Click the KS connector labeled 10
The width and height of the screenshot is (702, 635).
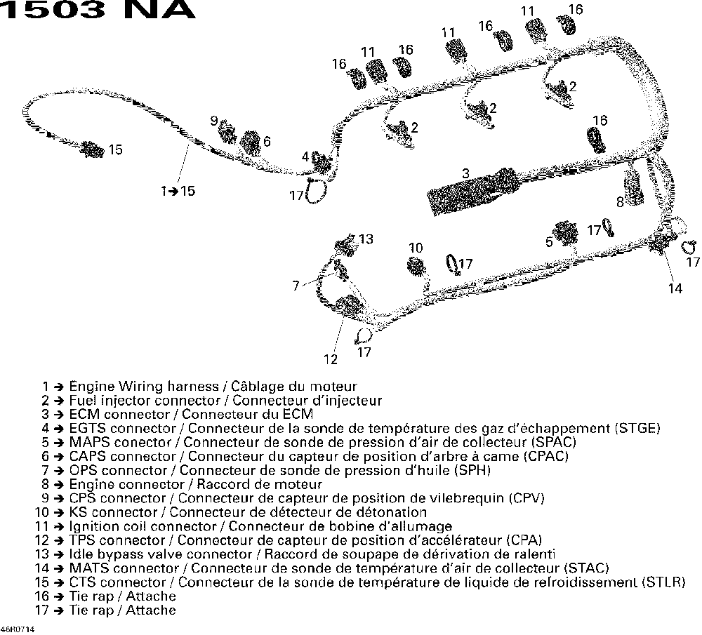(417, 267)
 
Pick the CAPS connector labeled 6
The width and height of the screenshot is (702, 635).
(249, 143)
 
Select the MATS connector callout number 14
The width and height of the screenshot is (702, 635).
(675, 288)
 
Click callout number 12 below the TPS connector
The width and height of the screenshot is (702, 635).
(331, 360)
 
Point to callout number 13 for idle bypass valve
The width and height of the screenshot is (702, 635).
(366, 239)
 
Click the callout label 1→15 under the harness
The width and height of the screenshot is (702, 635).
(178, 191)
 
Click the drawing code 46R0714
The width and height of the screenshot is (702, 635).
(17, 629)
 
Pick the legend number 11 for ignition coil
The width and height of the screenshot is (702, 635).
(43, 526)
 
